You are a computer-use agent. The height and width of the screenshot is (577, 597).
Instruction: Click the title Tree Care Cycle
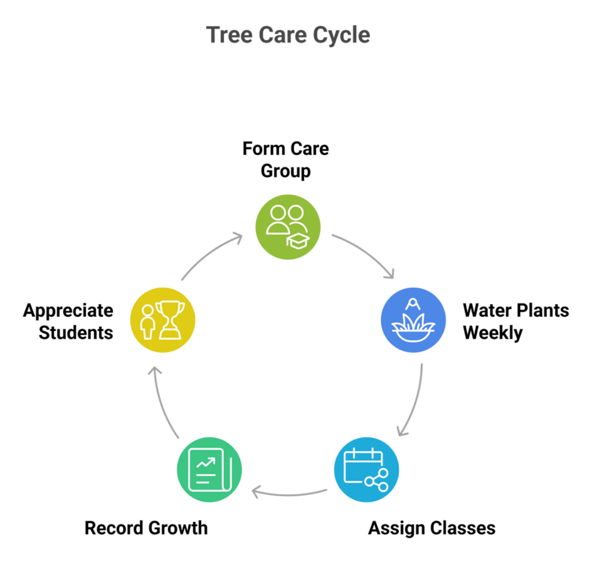point(288,35)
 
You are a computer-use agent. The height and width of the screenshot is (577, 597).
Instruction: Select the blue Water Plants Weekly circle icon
point(413,320)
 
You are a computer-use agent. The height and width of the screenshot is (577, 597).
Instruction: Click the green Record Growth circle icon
point(209,470)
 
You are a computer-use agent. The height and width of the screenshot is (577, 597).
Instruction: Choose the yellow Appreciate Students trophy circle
point(163,320)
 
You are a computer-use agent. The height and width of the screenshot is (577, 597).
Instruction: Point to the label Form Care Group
point(286,160)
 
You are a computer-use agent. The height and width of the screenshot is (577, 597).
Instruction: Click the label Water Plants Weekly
point(515,321)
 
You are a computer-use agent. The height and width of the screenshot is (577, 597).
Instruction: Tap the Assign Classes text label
point(431,529)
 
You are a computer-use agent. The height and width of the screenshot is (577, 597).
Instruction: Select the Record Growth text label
point(146,529)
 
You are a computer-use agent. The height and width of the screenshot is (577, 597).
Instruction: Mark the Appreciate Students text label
point(68,321)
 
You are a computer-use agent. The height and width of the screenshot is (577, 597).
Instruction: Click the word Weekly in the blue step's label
point(493,333)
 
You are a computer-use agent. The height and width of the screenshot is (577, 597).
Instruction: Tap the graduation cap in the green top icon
point(298,240)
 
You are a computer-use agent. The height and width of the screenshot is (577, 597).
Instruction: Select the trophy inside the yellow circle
point(170,319)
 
